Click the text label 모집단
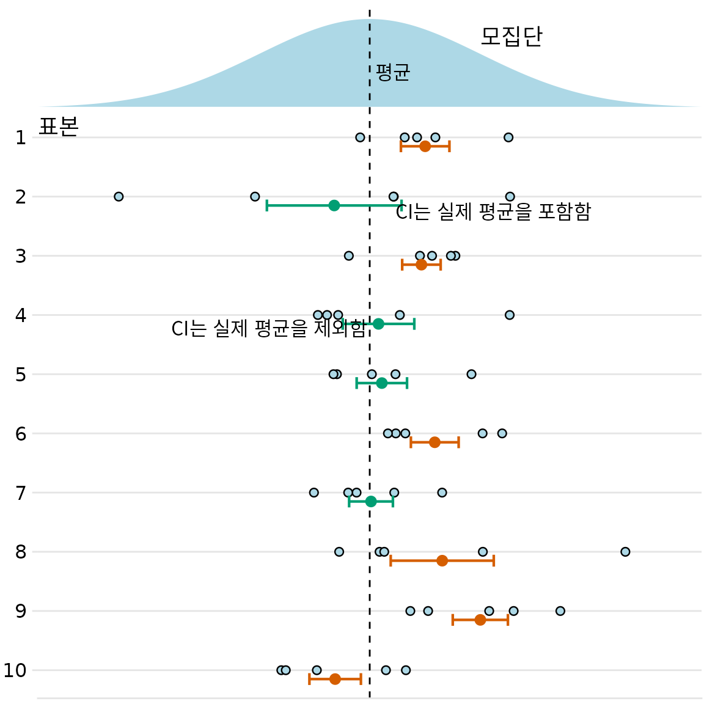511,37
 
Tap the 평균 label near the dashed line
392,73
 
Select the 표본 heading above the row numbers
59,127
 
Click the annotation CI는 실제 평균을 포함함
493,212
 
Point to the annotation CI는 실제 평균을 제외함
268,329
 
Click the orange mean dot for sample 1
425,146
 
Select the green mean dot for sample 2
334,205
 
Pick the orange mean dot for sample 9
480,620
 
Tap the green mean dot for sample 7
371,502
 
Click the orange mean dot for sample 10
335,679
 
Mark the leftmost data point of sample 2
119,197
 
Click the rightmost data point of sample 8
625,552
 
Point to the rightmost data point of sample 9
560,611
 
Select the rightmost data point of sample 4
510,315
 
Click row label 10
15,670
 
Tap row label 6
21,434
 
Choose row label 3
21,256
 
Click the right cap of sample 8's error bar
494,560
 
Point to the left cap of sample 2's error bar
267,205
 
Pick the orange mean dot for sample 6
435,442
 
